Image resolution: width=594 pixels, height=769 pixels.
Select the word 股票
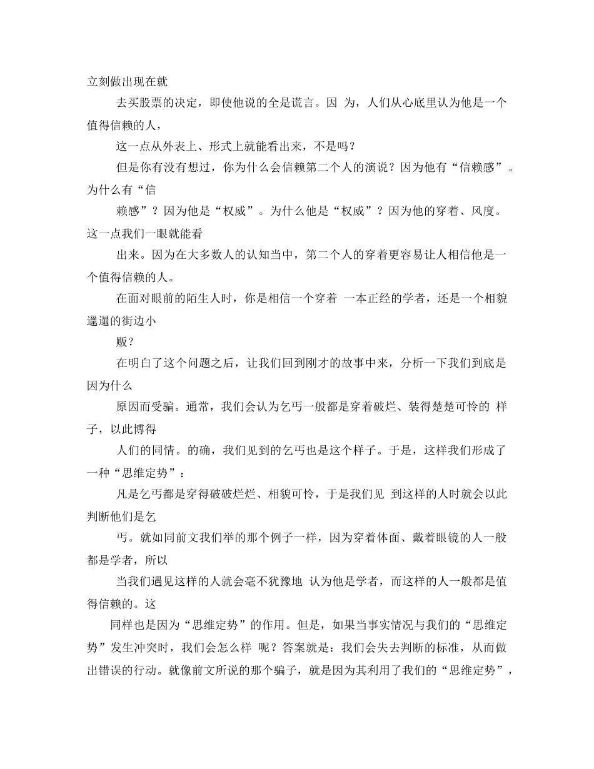154,103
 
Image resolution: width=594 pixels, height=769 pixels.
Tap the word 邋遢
101,320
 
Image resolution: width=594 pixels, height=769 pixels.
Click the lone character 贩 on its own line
124,341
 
